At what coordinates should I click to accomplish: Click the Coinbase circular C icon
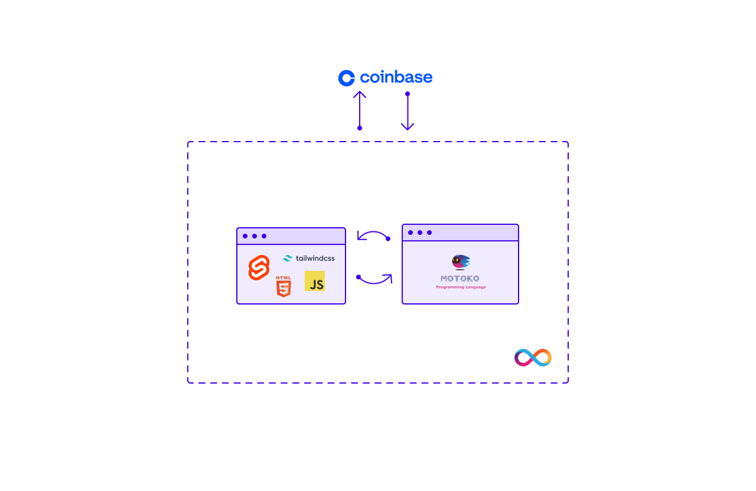[x=346, y=78]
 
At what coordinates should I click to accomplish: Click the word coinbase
[x=396, y=77]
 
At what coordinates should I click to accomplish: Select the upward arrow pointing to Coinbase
[x=360, y=110]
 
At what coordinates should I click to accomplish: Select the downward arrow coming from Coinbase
[x=408, y=112]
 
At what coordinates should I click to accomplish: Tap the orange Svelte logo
[x=259, y=268]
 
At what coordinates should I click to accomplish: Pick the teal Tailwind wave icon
[x=288, y=258]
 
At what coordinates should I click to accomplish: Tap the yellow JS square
[x=315, y=281]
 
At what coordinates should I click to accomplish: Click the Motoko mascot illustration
[x=461, y=262]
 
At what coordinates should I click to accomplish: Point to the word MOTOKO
[x=460, y=279]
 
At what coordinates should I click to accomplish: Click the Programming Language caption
[x=461, y=287]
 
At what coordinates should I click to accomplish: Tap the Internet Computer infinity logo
[x=533, y=358]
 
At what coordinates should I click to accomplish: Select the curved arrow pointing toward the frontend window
[x=373, y=235]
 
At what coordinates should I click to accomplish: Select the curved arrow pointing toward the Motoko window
[x=375, y=279]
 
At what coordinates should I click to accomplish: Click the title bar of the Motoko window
[x=472, y=233]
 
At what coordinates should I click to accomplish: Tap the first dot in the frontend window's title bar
[x=245, y=236]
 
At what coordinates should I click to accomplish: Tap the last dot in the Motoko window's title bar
[x=429, y=233]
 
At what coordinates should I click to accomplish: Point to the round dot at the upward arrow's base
[x=360, y=128]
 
